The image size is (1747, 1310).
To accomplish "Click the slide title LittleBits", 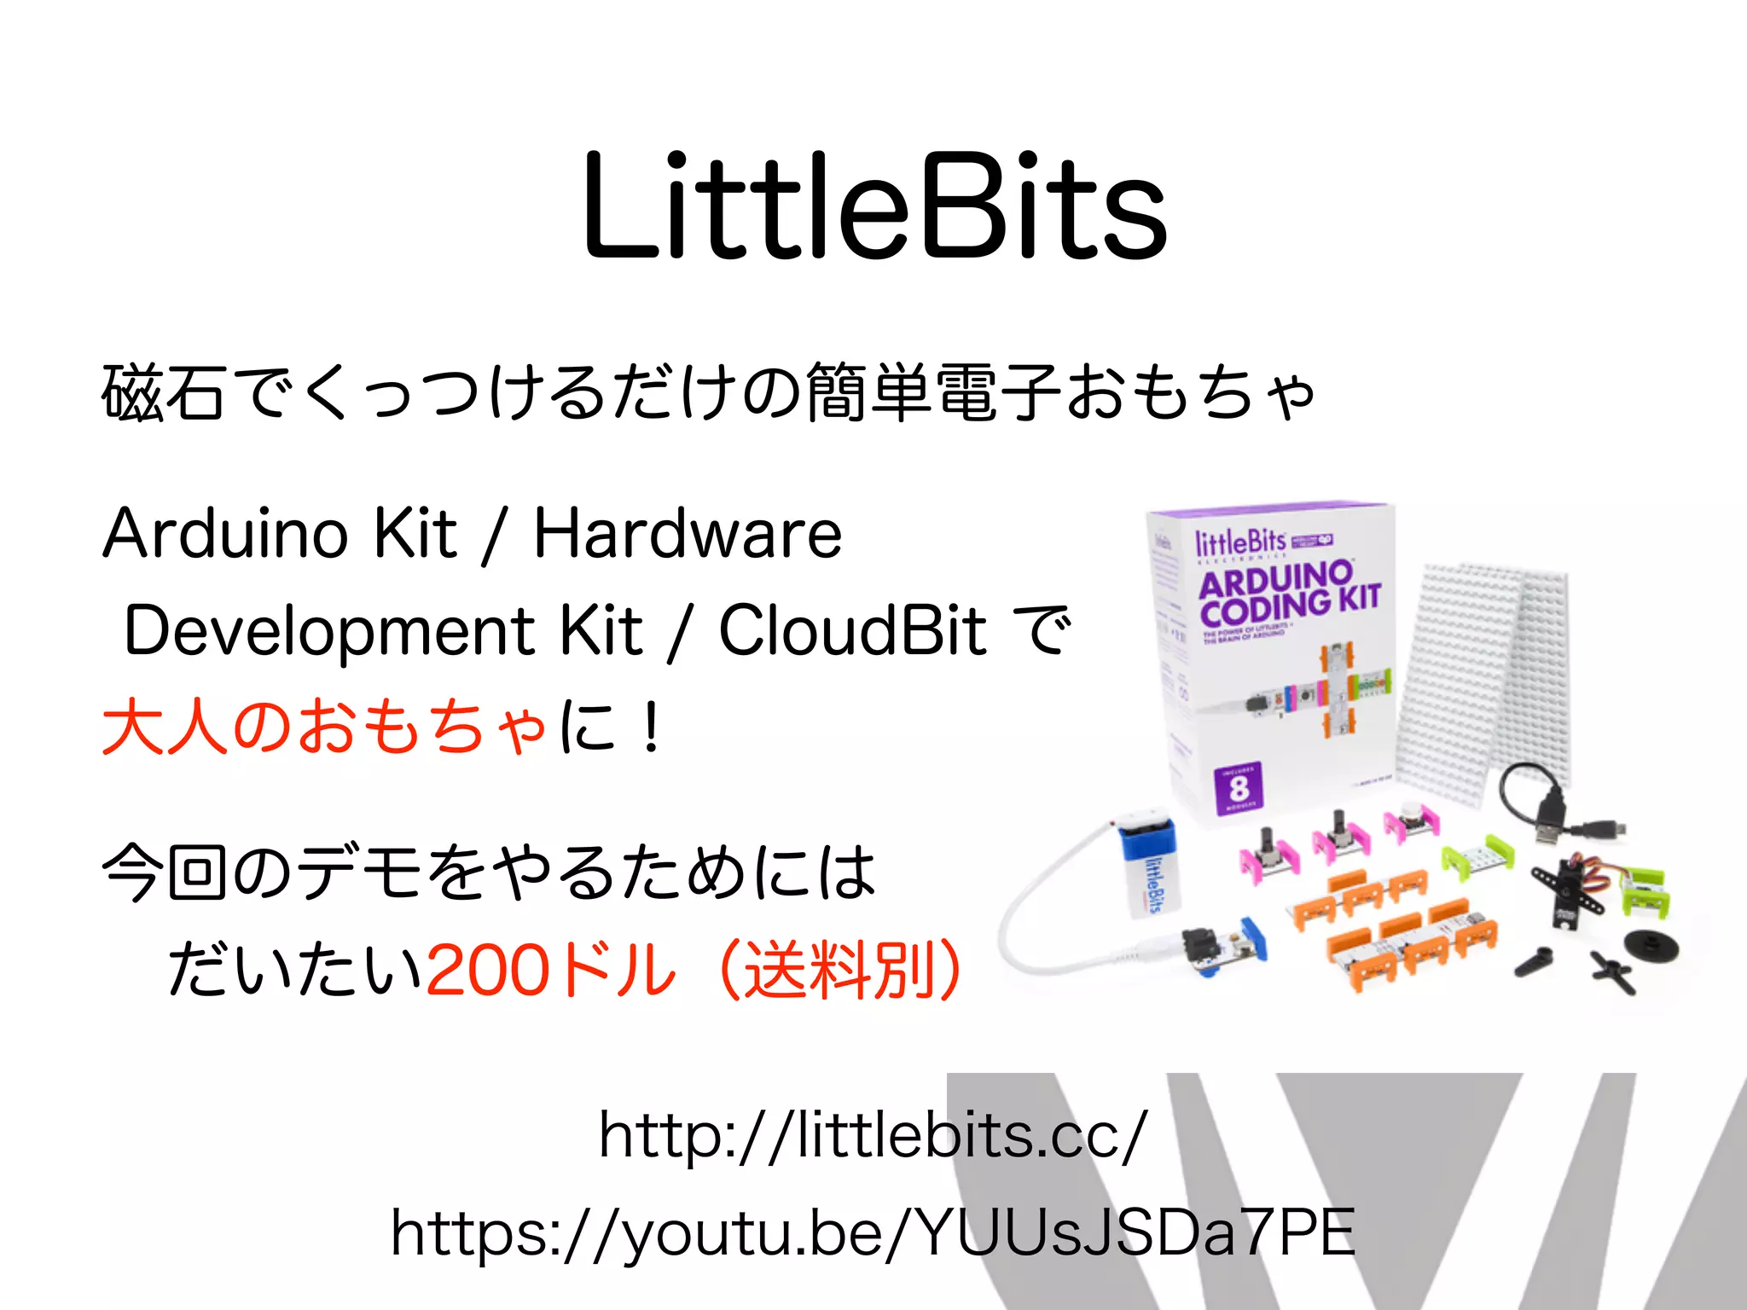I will (873, 206).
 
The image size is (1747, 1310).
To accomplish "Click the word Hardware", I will (688, 534).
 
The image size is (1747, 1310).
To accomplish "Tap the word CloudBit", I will (853, 631).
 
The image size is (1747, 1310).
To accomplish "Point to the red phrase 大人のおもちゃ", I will (324, 727).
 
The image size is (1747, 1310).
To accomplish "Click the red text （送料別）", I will (840, 971).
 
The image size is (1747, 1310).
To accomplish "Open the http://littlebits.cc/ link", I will (873, 1136).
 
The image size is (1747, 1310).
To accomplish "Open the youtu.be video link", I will (873, 1233).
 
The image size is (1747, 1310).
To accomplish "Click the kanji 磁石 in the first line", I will (164, 392).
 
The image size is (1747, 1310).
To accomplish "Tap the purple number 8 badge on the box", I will (1239, 787).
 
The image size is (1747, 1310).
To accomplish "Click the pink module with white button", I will (1412, 822).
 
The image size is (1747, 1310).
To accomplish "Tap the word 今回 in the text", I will (164, 872).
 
